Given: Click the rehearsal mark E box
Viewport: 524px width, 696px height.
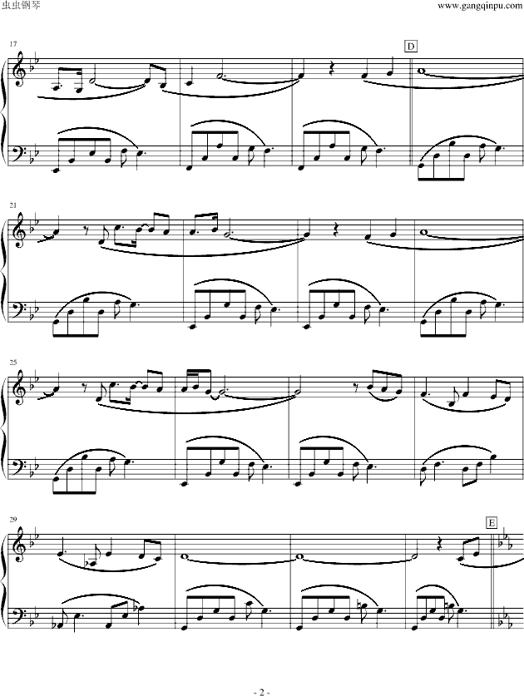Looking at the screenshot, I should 492,522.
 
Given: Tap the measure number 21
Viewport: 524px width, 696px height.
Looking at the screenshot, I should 12,205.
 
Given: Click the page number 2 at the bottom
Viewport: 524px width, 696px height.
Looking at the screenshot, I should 261,669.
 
